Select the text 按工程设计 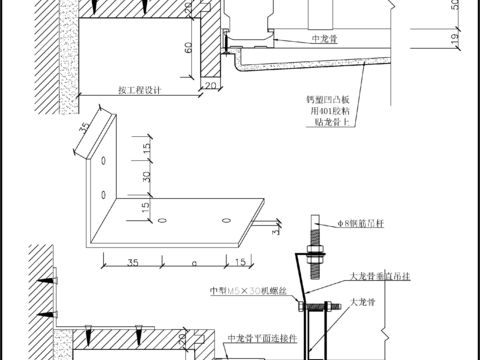pyautogui.click(x=139, y=89)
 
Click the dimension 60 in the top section pyautogui.click(x=187, y=46)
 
